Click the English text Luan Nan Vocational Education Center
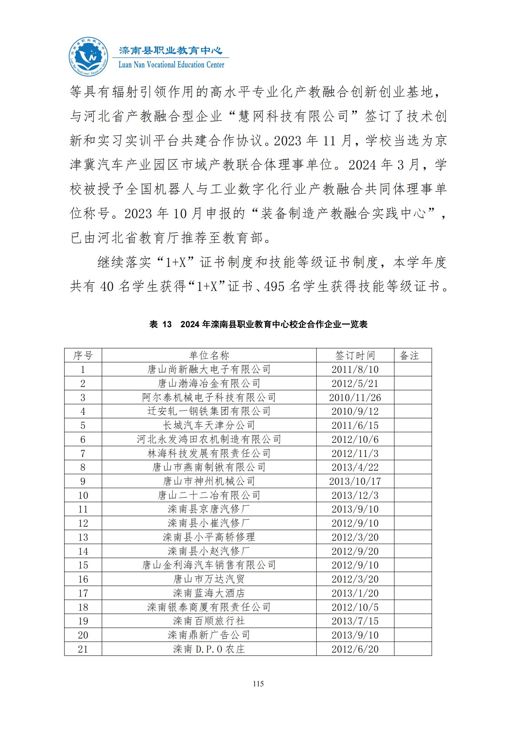[171, 65]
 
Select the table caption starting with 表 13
[258, 324]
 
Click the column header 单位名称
[209, 355]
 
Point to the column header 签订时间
[355, 355]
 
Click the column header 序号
[83, 355]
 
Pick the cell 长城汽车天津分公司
[209, 425]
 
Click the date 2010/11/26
[355, 397]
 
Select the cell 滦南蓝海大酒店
[209, 593]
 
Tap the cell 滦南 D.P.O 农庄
[209, 649]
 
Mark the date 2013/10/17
[355, 481]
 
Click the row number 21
[83, 649]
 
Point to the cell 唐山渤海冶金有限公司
[209, 383]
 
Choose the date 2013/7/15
[355, 621]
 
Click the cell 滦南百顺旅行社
[209, 621]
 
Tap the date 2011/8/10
[355, 369]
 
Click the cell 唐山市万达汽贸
[209, 579]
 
